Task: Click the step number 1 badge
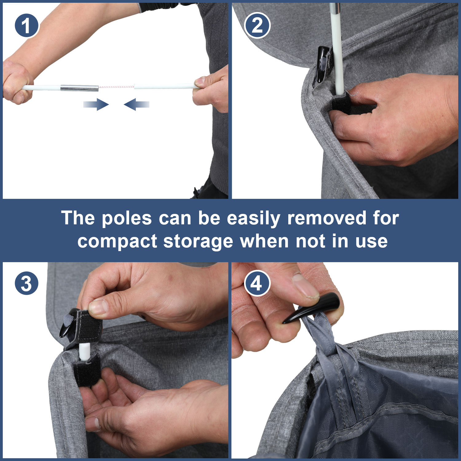(x=27, y=26)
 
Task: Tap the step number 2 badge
(x=257, y=26)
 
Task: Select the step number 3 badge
(x=27, y=283)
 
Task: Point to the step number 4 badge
(x=257, y=283)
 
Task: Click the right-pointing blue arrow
(x=96, y=104)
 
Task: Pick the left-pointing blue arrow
(x=136, y=104)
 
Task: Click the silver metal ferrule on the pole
(x=79, y=88)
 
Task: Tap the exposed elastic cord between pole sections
(x=116, y=87)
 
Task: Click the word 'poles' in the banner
(x=127, y=219)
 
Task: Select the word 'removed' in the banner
(x=327, y=218)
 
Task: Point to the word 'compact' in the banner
(x=117, y=242)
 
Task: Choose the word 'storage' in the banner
(x=198, y=242)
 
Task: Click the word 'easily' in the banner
(x=253, y=219)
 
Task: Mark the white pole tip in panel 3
(x=84, y=352)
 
